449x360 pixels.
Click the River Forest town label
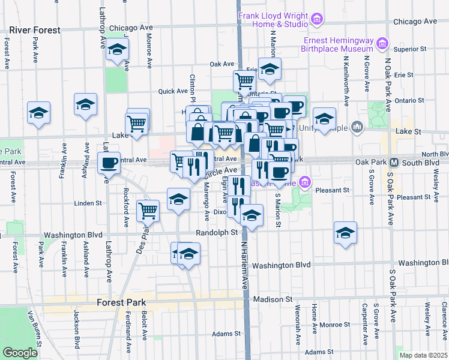point(35,30)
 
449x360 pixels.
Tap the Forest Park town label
point(121,302)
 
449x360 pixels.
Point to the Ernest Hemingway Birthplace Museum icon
point(382,43)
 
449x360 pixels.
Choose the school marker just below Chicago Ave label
point(118,50)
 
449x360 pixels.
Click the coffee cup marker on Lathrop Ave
point(109,163)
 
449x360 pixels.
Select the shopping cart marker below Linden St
point(148,211)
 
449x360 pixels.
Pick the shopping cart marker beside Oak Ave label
point(245,80)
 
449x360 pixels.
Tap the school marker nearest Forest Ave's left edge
point(38,112)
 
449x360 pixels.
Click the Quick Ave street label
point(173,91)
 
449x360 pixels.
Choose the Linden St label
point(88,203)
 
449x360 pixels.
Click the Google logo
point(20,352)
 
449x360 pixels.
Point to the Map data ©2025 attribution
point(423,355)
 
